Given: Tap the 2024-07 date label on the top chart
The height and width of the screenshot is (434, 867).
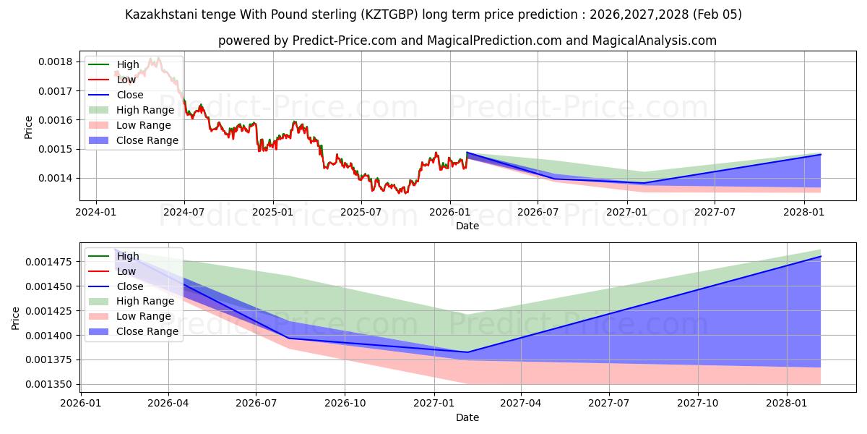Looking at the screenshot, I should tap(184, 212).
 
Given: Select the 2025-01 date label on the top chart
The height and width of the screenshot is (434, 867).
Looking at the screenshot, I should tap(273, 212).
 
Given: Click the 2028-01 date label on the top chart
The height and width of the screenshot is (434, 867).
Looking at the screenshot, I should tap(803, 212).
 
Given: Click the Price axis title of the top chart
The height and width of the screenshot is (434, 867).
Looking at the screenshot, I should tap(29, 127).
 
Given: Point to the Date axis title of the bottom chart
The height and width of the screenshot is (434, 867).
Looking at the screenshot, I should tap(467, 417).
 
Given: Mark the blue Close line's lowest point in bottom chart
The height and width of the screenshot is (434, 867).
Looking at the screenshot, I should tap(468, 352).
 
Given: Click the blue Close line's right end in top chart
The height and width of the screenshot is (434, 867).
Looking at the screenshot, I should tap(821, 154).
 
